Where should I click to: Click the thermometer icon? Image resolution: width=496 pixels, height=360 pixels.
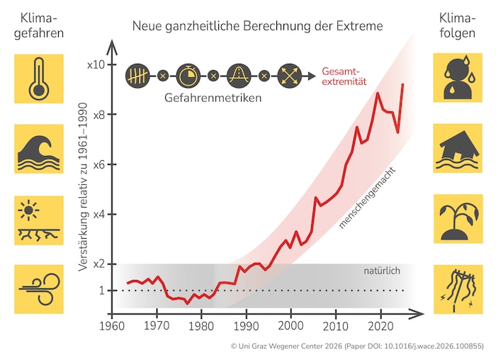pos(39,79)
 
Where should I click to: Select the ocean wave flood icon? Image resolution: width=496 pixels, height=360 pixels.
pos(39,149)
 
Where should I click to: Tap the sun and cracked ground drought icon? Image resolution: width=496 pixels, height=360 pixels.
pos(39,218)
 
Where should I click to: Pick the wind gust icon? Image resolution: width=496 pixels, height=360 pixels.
pos(39,288)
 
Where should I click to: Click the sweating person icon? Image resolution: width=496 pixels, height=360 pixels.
pos(457,79)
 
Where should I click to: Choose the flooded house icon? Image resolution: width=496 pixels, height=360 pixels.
pos(457,149)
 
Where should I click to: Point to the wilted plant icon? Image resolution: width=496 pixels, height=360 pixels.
pos(457,218)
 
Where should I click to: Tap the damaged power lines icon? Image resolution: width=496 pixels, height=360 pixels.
pos(457,288)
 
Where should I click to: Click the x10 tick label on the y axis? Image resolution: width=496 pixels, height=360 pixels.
pos(96,64)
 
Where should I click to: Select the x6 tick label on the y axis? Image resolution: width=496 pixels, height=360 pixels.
pos(97,164)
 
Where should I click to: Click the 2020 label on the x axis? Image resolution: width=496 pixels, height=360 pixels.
pos(380,325)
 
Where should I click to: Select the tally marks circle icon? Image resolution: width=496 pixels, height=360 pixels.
pos(139,74)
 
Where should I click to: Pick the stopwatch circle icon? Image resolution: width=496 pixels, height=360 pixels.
pos(186,74)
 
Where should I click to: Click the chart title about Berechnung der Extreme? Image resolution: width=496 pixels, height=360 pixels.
pos(257,26)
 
